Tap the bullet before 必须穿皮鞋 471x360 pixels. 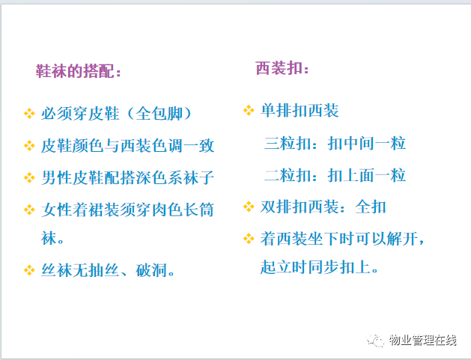click(29, 114)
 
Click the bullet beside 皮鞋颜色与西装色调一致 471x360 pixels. click(29, 146)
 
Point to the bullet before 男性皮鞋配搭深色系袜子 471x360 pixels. click(29, 177)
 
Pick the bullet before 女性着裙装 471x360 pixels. click(29, 210)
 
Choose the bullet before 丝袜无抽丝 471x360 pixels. click(29, 270)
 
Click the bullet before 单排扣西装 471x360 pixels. click(249, 110)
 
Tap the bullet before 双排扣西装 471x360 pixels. click(249, 207)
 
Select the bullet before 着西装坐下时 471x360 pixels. click(249, 239)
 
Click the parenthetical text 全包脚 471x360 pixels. click(159, 114)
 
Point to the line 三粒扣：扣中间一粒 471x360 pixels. click(335, 143)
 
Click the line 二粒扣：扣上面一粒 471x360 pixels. click(335, 175)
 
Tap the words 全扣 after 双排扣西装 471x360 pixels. click(371, 207)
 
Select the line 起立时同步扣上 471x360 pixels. click(319, 267)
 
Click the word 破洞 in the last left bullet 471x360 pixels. click(151, 270)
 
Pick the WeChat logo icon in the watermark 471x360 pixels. click(375, 341)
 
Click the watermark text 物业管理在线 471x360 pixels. click(423, 341)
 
